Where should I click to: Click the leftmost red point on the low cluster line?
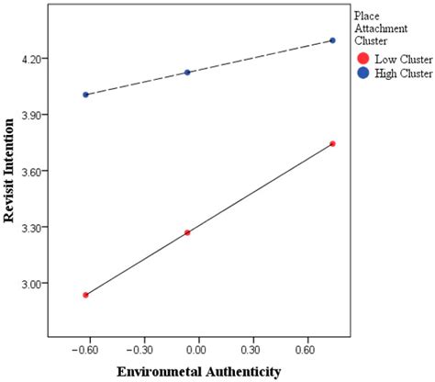pos(85,295)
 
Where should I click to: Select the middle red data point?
pos(187,232)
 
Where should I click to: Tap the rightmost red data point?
pos(332,143)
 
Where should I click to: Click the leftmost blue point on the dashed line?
pos(85,95)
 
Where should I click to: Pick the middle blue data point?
pos(187,72)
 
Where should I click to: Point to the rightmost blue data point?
pos(332,40)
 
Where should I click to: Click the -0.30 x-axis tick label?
pos(140,350)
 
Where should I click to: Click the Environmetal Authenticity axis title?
pos(197,371)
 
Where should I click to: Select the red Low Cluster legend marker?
pos(363,59)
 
